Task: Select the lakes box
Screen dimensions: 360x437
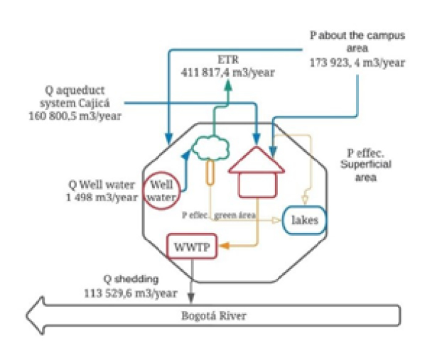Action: [x=306, y=220]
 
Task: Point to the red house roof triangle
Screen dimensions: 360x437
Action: [x=256, y=160]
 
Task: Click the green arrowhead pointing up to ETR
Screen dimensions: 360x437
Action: [x=227, y=87]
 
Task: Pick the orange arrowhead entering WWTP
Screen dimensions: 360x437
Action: [x=222, y=246]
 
